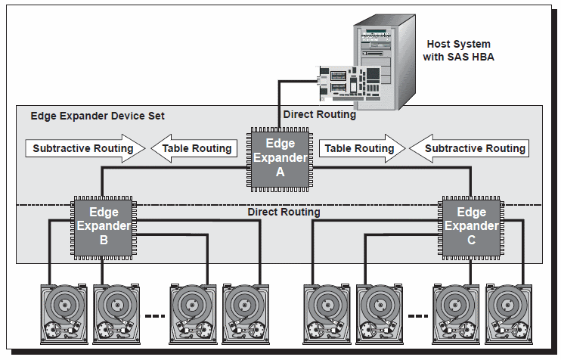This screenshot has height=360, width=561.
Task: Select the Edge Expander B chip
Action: pyautogui.click(x=104, y=225)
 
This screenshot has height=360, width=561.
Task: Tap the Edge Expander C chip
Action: pyautogui.click(x=471, y=225)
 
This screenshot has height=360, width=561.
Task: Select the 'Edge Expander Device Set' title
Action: pyautogui.click(x=98, y=116)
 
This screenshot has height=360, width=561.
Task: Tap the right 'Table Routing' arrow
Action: pyautogui.click(x=360, y=148)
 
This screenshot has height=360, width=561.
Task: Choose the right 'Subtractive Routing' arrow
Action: pyautogui.click(x=469, y=148)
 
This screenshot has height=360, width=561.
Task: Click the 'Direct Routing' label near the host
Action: pyautogui.click(x=319, y=115)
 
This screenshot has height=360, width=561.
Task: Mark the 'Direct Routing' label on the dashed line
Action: pyautogui.click(x=284, y=213)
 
